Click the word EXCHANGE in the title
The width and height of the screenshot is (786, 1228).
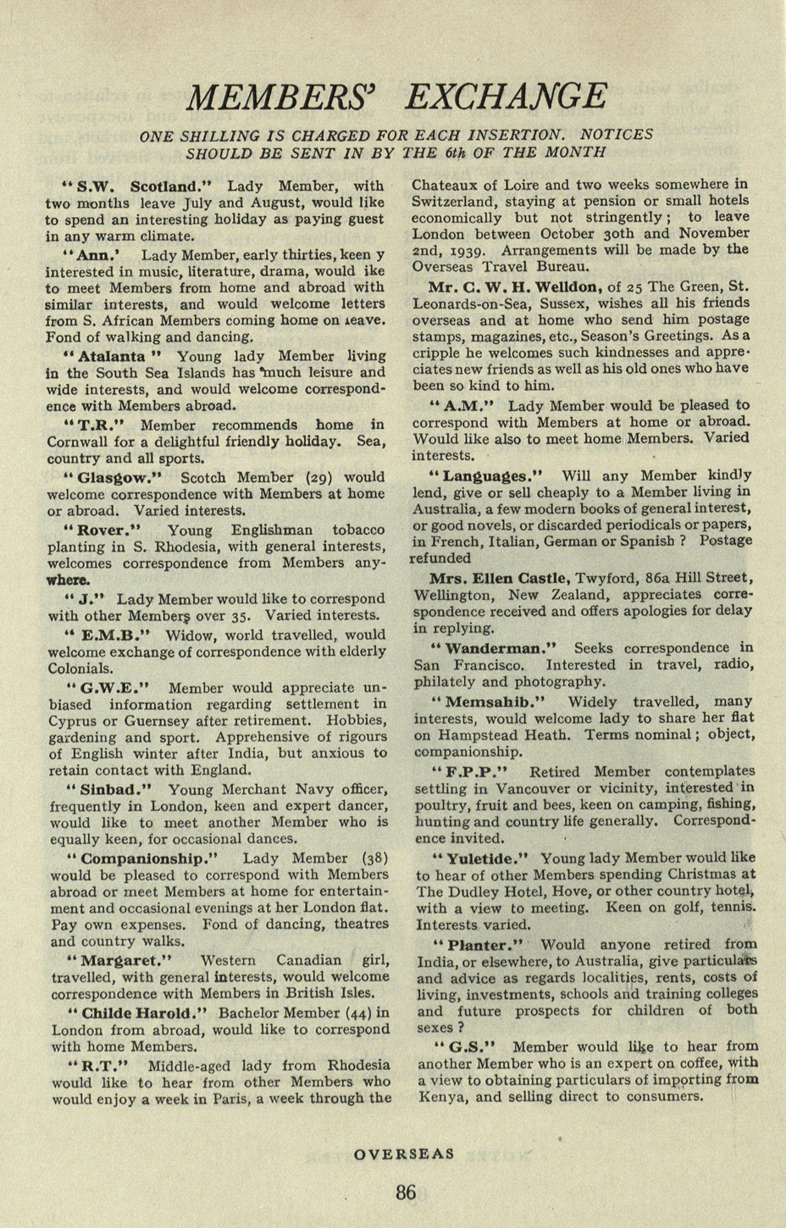pos(506,96)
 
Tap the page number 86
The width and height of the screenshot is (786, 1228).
pos(406,1192)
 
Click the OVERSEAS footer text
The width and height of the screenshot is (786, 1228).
pos(404,1153)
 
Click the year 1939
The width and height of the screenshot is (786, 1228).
pos(473,251)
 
